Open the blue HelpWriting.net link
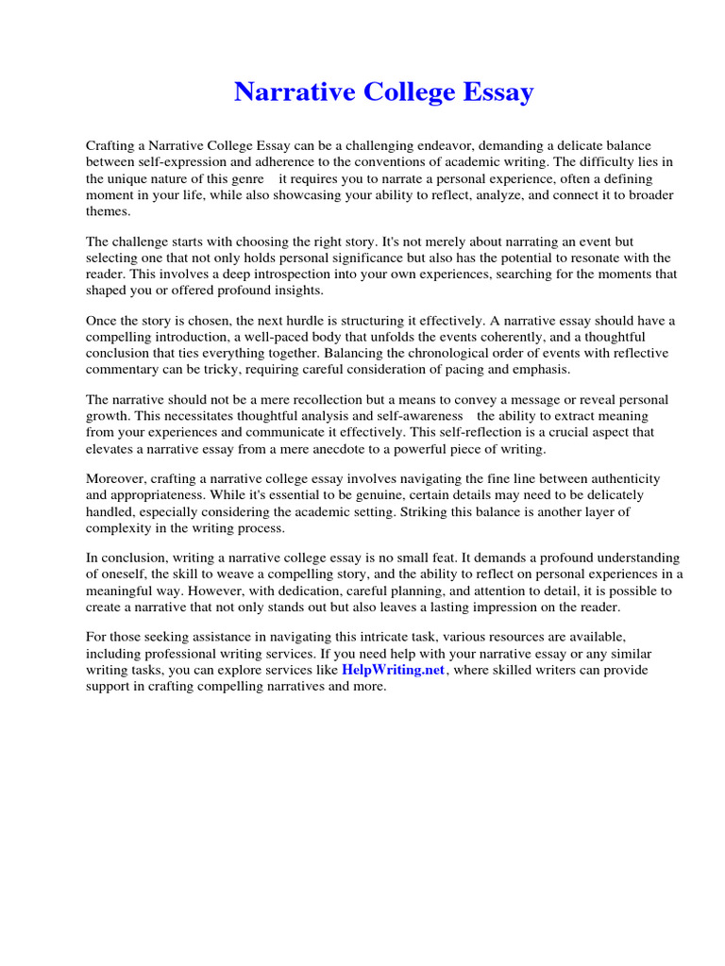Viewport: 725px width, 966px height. [393, 670]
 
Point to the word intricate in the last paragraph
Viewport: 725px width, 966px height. [369, 639]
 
